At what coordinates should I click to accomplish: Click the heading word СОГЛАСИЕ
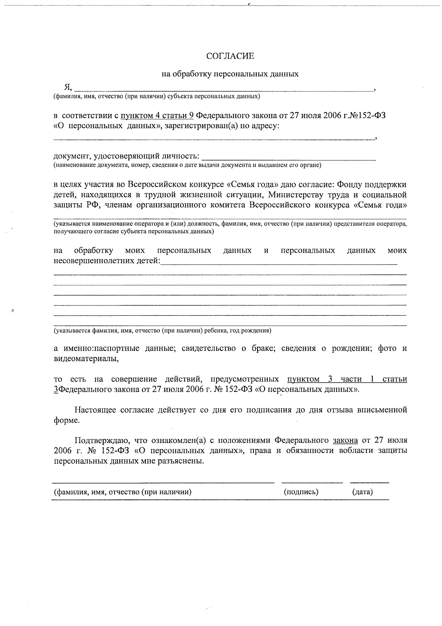tap(230, 56)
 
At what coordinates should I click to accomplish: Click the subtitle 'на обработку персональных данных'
tap(230, 74)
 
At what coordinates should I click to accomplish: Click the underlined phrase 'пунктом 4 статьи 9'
tap(157, 115)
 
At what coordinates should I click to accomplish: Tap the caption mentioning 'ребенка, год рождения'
tap(162, 331)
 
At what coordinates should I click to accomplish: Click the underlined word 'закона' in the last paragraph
tap(345, 440)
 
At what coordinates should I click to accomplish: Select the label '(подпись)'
tap(301, 492)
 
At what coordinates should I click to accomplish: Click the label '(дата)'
tap(362, 492)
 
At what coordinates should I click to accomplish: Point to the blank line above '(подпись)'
tap(312, 482)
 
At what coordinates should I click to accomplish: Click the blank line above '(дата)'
tap(369, 482)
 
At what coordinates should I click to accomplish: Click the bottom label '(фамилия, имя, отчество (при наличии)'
tap(123, 492)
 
